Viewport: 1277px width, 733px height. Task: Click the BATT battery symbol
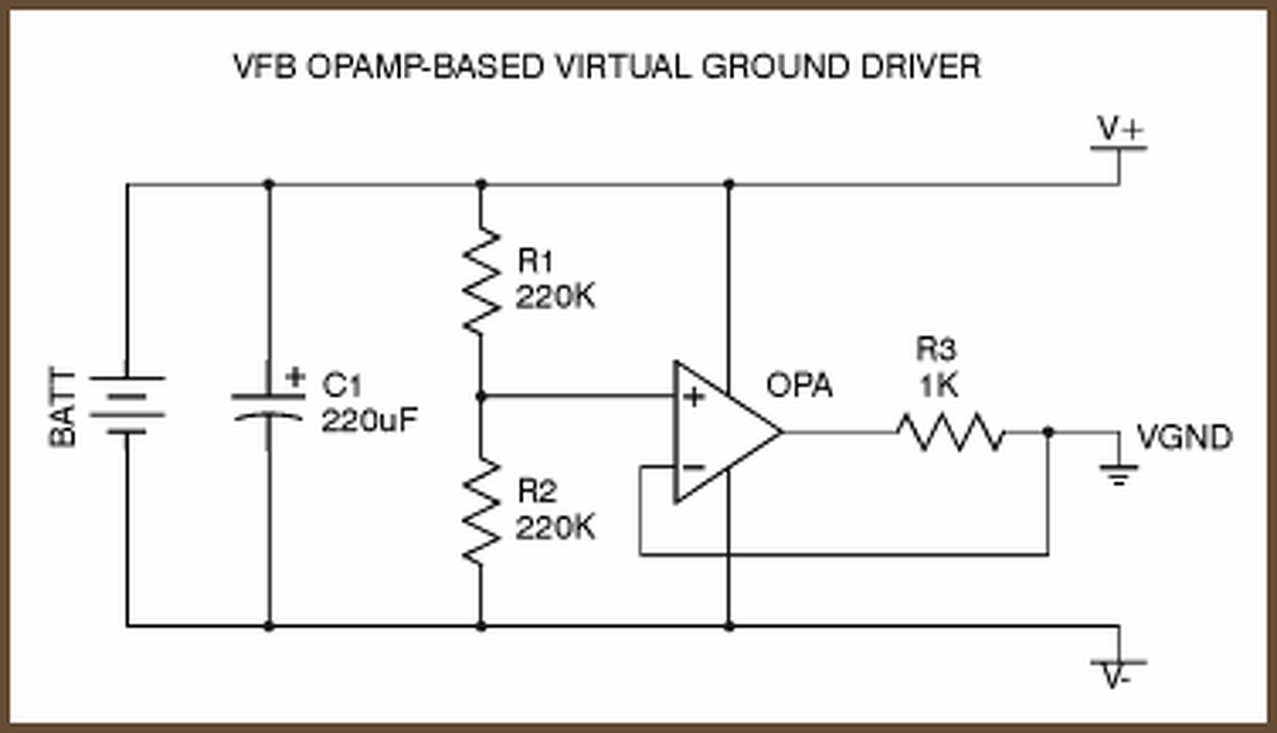coord(127,405)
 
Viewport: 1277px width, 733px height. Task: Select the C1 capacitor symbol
coord(267,406)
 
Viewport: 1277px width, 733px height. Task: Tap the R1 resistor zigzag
coord(482,279)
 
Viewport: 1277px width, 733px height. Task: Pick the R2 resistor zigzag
coord(482,510)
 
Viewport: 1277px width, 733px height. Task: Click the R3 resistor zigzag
coord(950,432)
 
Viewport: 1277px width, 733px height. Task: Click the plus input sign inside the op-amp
coord(693,397)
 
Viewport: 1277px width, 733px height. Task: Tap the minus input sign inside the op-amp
coord(693,466)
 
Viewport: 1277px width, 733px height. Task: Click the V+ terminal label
coord(1120,129)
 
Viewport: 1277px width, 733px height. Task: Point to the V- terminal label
coord(1116,678)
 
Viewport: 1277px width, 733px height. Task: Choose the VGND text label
coord(1185,437)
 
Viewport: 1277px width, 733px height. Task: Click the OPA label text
coord(799,385)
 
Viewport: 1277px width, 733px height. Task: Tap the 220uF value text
coord(369,420)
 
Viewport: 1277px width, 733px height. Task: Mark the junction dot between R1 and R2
coord(482,396)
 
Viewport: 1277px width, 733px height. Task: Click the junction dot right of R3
coord(1048,432)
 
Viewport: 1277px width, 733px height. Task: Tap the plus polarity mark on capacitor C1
coord(294,377)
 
